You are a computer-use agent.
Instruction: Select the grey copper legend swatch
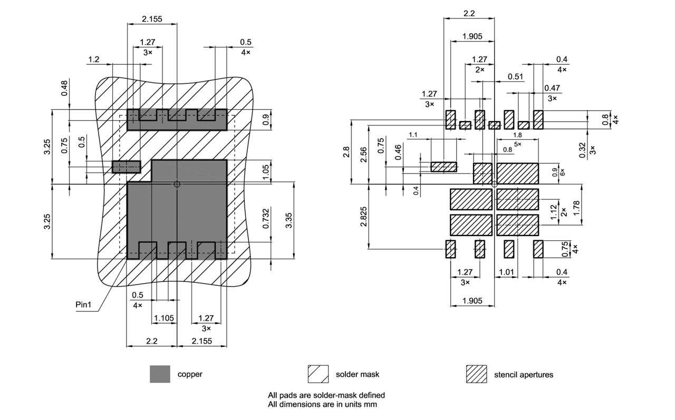[160, 374]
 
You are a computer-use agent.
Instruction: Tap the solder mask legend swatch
[318, 374]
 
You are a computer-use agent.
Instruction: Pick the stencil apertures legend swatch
[476, 374]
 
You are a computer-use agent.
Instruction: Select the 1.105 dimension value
[163, 318]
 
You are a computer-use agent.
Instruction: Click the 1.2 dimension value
[94, 60]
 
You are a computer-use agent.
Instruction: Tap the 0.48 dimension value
[64, 87]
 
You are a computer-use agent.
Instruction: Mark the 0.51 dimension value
[515, 77]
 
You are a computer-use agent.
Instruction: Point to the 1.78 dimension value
[576, 211]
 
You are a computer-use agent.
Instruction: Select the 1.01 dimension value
[506, 272]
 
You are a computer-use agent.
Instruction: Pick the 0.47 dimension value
[552, 88]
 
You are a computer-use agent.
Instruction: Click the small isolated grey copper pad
[127, 167]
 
